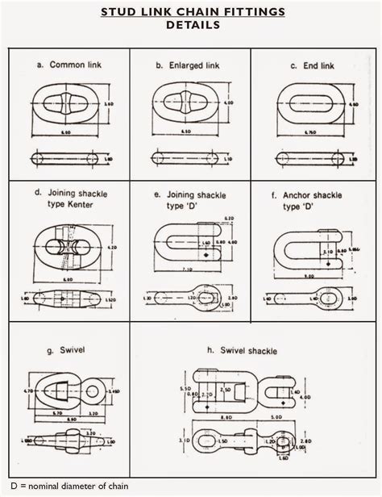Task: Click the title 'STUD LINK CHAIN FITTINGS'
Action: (192, 12)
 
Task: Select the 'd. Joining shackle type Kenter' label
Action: (70, 199)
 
